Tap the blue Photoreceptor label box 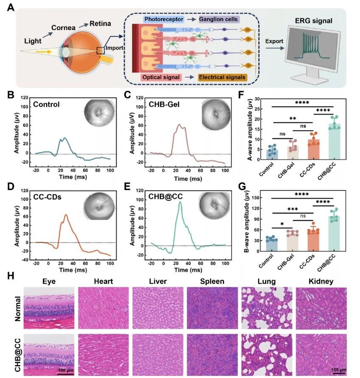[x=163, y=20]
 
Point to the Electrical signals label [x=222, y=77]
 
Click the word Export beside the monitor [x=274, y=42]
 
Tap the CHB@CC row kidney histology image [x=321, y=354]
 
